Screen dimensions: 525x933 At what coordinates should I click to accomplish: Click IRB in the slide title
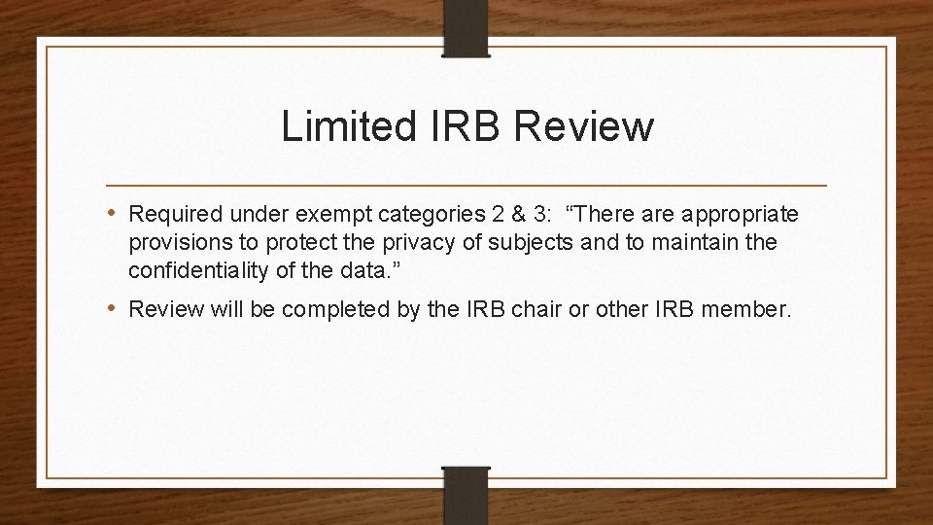[462, 126]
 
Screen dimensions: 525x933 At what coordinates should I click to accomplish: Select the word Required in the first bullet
[174, 213]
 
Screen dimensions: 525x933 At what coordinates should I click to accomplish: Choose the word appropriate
[746, 213]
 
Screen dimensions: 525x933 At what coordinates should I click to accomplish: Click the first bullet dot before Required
[116, 213]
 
